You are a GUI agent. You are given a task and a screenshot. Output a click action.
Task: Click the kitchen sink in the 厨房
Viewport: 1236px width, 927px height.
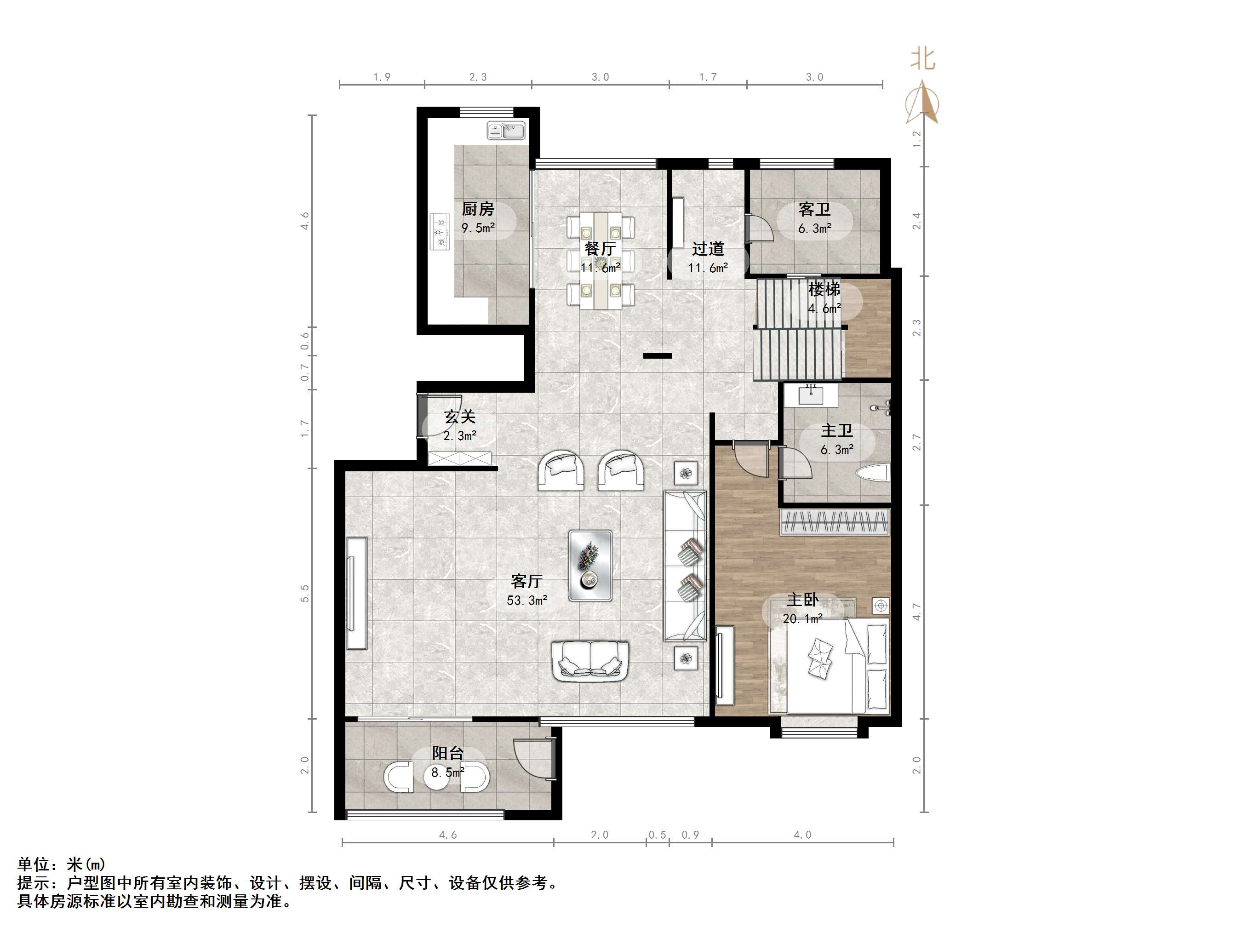[506, 131]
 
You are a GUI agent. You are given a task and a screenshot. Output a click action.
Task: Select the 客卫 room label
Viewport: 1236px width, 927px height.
[814, 210]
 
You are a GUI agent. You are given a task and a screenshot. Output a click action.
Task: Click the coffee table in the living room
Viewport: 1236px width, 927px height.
[590, 566]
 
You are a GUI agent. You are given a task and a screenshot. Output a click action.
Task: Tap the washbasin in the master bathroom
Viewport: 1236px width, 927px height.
[811, 395]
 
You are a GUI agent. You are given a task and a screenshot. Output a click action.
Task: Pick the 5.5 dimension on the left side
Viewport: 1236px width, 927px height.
[304, 594]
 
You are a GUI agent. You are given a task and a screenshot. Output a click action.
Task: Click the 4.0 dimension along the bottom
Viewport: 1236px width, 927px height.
[802, 835]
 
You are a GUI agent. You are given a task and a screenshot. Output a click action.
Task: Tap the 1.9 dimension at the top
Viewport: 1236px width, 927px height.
[382, 77]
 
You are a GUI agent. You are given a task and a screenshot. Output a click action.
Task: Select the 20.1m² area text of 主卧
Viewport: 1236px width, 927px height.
[802, 618]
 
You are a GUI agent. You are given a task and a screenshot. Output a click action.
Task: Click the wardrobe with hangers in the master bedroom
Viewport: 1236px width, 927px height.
[835, 522]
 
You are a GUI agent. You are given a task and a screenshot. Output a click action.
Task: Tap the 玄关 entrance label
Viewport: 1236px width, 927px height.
[460, 417]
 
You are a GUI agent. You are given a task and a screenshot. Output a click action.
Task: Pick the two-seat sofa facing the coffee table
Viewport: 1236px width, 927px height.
[590, 661]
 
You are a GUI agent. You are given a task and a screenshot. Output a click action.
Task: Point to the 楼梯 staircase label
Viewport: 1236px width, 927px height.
[824, 289]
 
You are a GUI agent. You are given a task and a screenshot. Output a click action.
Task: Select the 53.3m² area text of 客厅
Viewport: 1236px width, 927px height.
[527, 601]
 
